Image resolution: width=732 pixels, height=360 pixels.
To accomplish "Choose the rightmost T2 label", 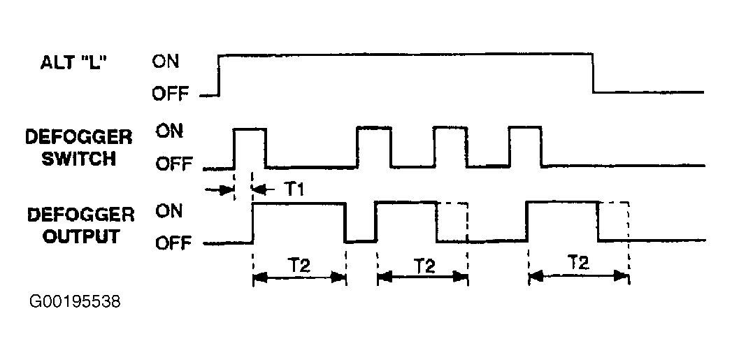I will click(x=578, y=263).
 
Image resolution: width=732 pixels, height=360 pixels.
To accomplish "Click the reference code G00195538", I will click(x=76, y=302).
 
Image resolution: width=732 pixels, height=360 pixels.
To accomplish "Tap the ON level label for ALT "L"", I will click(x=166, y=61).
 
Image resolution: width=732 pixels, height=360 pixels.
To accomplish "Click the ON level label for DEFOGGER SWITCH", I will click(x=168, y=131).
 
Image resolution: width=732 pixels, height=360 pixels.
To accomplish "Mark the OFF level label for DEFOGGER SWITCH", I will click(x=171, y=165).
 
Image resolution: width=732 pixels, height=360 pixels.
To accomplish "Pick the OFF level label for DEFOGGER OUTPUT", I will click(x=170, y=243).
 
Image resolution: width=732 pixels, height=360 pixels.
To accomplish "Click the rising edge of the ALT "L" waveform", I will click(x=220, y=74).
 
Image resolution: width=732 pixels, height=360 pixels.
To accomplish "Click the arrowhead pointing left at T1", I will click(x=256, y=188).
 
